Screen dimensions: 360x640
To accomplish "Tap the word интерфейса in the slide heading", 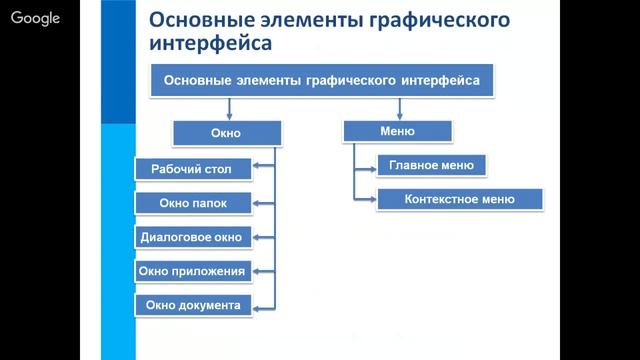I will pos(209,45).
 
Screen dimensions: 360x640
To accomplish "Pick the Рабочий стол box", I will pos(192,168).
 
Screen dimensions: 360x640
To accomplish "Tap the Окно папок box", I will pos(192,202).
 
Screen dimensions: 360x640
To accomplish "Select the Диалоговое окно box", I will pos(192,237).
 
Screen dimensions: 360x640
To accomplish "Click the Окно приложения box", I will pos(192,271).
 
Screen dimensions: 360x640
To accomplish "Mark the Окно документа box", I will pos(192,305).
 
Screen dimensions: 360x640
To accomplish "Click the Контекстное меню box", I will pos(460,199).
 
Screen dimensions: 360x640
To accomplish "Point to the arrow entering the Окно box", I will pos(230,111).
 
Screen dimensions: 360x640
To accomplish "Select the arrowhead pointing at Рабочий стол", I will pos(258,168).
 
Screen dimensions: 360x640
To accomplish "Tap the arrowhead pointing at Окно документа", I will pos(258,305).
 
